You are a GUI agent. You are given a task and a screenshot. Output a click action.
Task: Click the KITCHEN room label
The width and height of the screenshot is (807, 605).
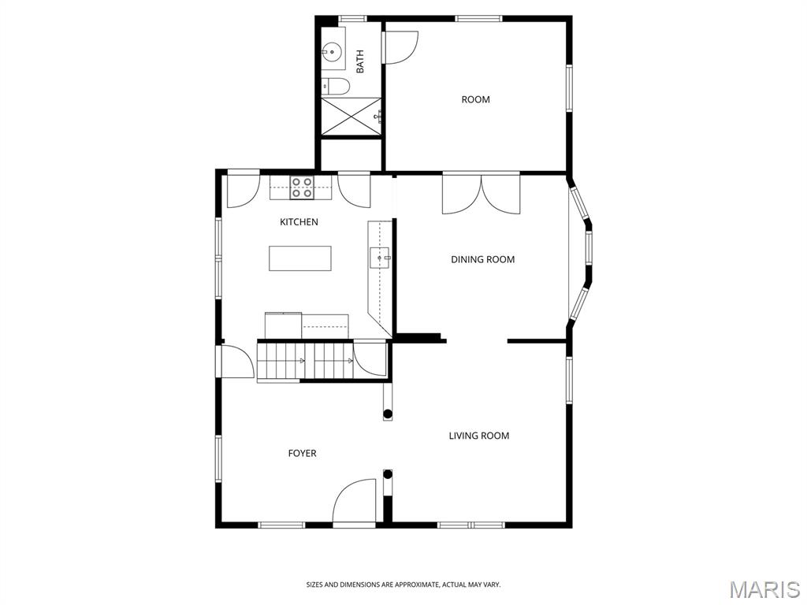pyautogui.click(x=299, y=221)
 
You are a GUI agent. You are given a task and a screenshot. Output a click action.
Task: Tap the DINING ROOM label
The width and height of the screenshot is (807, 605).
pyautogui.click(x=483, y=259)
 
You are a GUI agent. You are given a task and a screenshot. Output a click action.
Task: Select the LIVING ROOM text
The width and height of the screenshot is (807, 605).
pyautogui.click(x=479, y=436)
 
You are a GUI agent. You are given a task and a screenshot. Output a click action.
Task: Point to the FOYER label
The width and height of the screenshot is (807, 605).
pyautogui.click(x=302, y=453)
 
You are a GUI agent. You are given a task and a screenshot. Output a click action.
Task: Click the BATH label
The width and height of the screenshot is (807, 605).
pyautogui.click(x=359, y=61)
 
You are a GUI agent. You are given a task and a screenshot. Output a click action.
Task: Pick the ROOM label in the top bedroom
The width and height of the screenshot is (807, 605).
pyautogui.click(x=475, y=99)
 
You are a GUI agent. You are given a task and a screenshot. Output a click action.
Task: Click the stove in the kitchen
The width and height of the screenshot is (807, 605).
pyautogui.click(x=302, y=187)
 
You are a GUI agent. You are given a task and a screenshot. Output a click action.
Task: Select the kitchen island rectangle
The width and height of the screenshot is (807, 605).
pyautogui.click(x=300, y=258)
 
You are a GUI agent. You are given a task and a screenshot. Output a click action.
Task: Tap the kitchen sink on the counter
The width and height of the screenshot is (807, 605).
pyautogui.click(x=380, y=258)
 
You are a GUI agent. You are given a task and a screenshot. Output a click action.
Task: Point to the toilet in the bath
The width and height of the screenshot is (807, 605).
pyautogui.click(x=336, y=87)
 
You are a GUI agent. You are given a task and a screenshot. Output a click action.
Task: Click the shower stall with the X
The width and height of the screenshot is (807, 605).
pyautogui.click(x=351, y=117)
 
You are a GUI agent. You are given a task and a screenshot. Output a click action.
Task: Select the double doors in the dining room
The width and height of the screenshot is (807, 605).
pyautogui.click(x=482, y=194)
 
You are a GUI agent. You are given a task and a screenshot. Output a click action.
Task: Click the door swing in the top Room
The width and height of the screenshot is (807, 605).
pyautogui.click(x=400, y=47)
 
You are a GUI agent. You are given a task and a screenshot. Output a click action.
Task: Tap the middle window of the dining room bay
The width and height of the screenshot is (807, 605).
pyautogui.click(x=589, y=248)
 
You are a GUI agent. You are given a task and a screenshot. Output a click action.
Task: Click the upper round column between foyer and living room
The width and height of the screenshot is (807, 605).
pyautogui.click(x=388, y=413)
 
